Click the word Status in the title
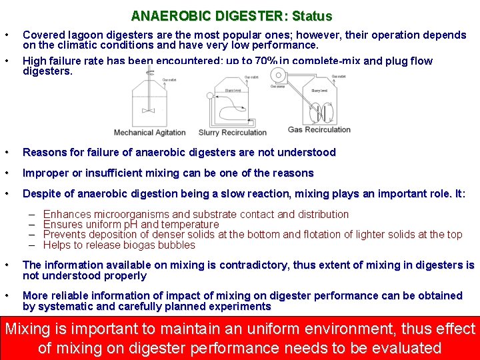click(x=311, y=15)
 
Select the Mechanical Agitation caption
click(x=149, y=132)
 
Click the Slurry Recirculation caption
click(x=233, y=132)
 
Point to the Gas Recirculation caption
click(x=319, y=129)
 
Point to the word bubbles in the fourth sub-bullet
click(x=176, y=244)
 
